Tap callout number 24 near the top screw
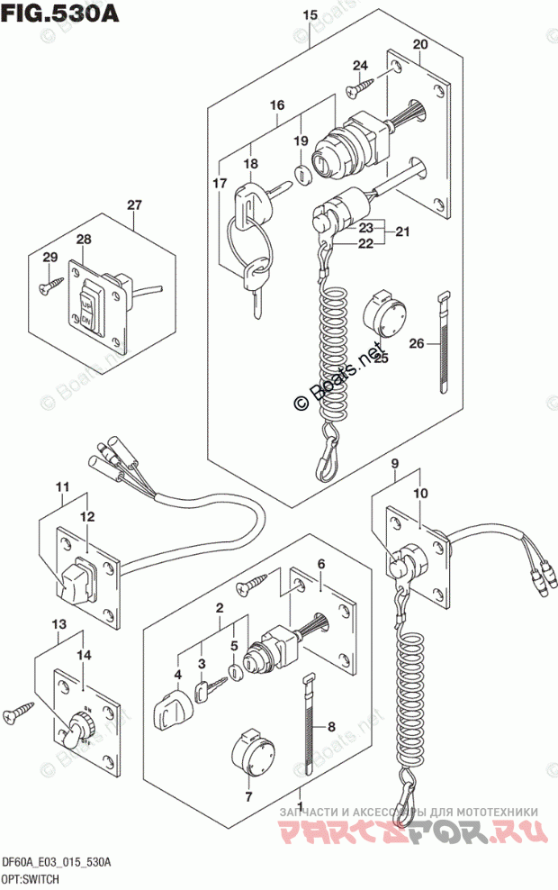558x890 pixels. tap(360, 65)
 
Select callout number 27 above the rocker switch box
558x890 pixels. tap(134, 205)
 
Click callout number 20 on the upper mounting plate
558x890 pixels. tap(419, 46)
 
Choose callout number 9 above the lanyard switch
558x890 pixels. tap(393, 466)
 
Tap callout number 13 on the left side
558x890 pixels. tap(58, 625)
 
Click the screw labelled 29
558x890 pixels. tap(47, 287)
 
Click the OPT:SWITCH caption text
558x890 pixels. tap(31, 878)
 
